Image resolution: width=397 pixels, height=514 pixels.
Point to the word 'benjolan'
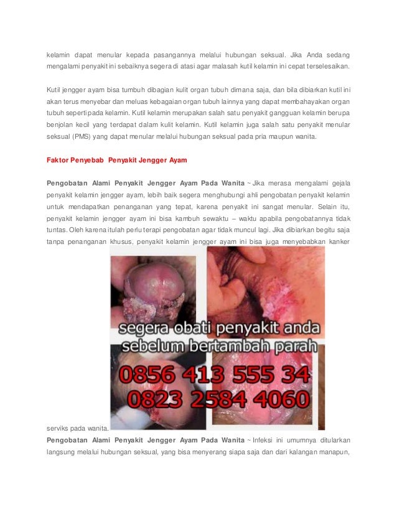click(x=60, y=124)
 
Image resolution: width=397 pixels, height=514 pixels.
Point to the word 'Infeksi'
click(x=264, y=440)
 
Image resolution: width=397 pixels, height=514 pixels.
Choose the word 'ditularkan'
click(x=332, y=440)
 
